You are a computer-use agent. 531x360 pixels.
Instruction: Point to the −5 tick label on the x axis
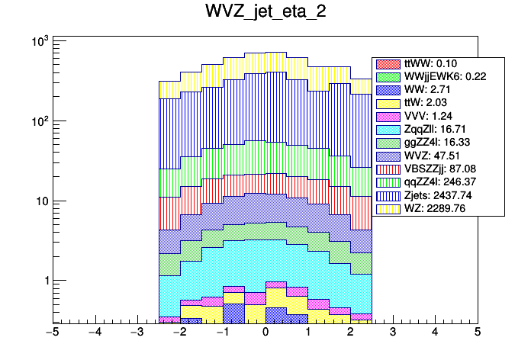pos(52,333)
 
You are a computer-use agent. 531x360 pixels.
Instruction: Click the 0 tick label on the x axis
pos(265,333)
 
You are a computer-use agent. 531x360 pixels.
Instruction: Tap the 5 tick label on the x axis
pos(477,333)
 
